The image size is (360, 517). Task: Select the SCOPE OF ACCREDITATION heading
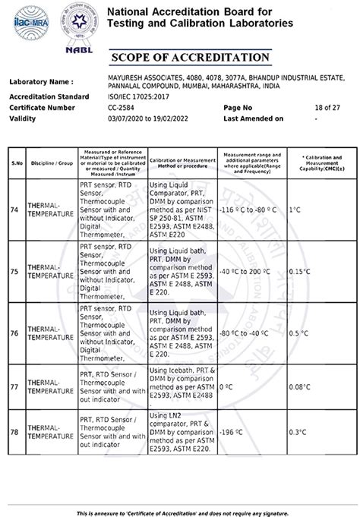coord(189,58)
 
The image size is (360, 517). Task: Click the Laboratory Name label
coord(42,82)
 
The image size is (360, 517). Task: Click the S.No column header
coord(15,162)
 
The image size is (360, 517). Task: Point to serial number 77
coord(14,386)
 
